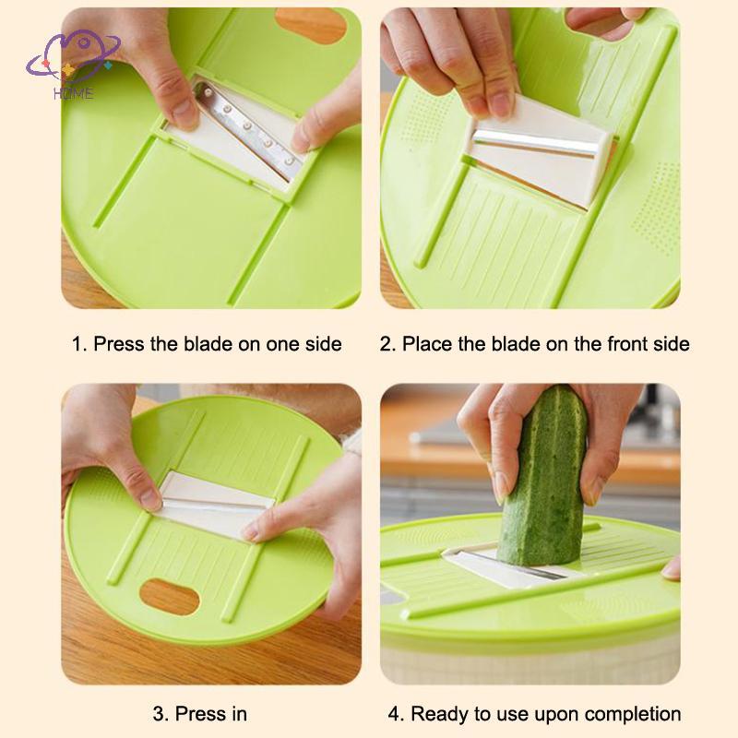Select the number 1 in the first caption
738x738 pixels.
[78, 344]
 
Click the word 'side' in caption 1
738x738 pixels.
[323, 344]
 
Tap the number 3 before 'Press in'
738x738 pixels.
[158, 713]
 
